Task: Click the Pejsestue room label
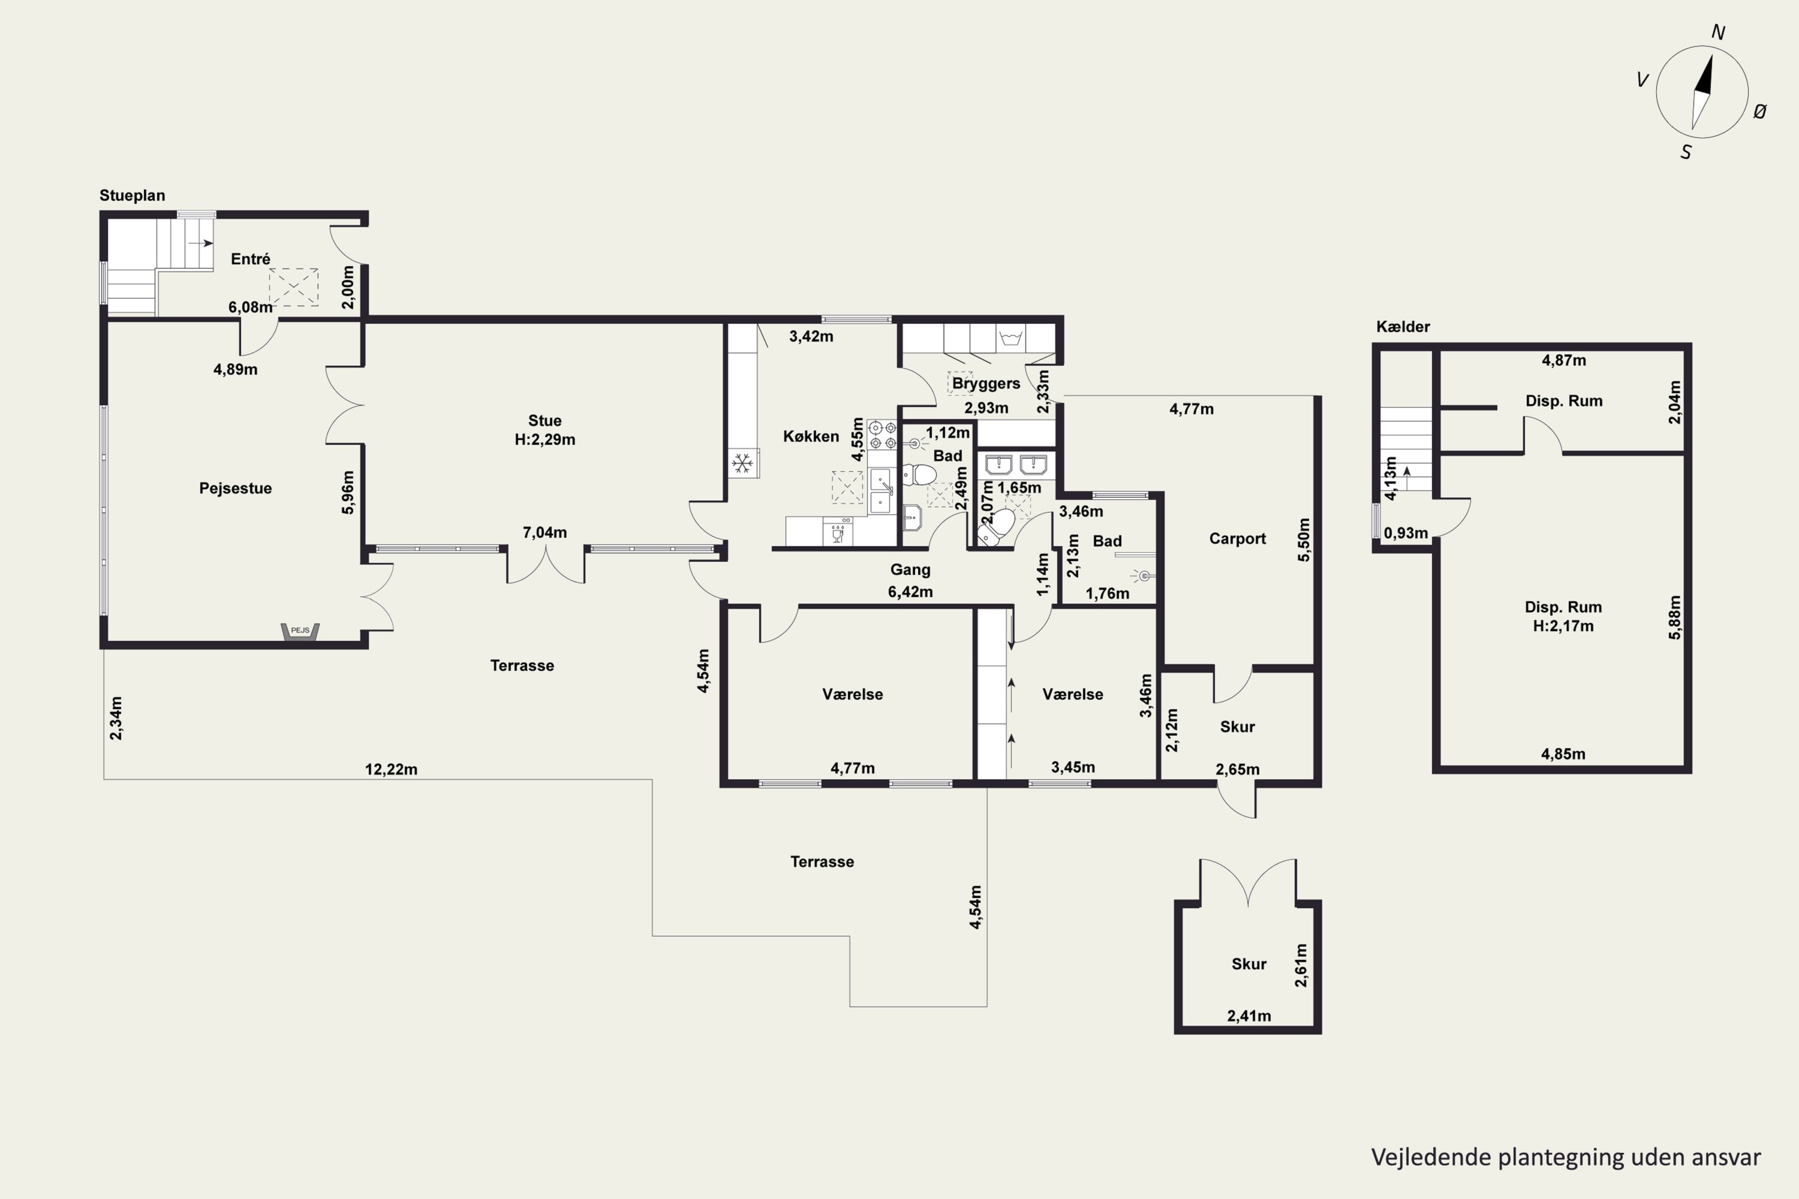coord(236,488)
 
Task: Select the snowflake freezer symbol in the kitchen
coord(741,463)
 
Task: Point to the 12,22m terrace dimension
coord(391,769)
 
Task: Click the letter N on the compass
coord(1717,32)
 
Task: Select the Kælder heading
coord(1403,327)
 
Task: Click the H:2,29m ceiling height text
coord(544,439)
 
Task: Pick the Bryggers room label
coord(986,383)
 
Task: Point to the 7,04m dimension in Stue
coord(544,532)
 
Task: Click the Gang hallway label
coord(910,570)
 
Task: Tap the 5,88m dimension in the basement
coord(1674,617)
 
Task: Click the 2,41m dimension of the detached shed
coord(1249,1016)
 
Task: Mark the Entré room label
coord(250,258)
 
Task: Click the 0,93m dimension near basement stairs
coord(1406,533)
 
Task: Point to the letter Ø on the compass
coord(1759,112)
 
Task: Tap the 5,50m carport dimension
coord(1304,540)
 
